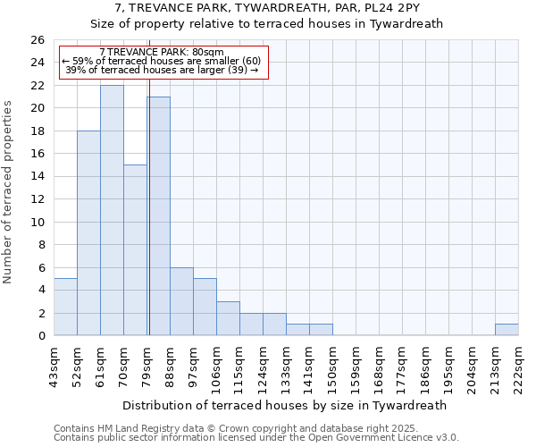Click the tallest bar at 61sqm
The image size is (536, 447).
(x=112, y=210)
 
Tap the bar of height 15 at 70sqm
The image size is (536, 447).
(x=135, y=250)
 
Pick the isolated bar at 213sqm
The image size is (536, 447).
(x=507, y=330)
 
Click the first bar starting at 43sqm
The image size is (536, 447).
(x=65, y=307)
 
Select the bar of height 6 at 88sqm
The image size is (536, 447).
(x=181, y=301)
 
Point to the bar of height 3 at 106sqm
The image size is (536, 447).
(x=228, y=318)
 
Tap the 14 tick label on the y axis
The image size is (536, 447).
(x=37, y=177)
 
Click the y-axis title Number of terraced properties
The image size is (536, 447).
(x=8, y=191)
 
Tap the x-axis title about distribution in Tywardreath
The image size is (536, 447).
(x=285, y=405)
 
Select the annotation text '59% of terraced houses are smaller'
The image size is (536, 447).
(x=162, y=61)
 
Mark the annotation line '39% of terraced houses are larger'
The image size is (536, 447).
(x=162, y=70)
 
